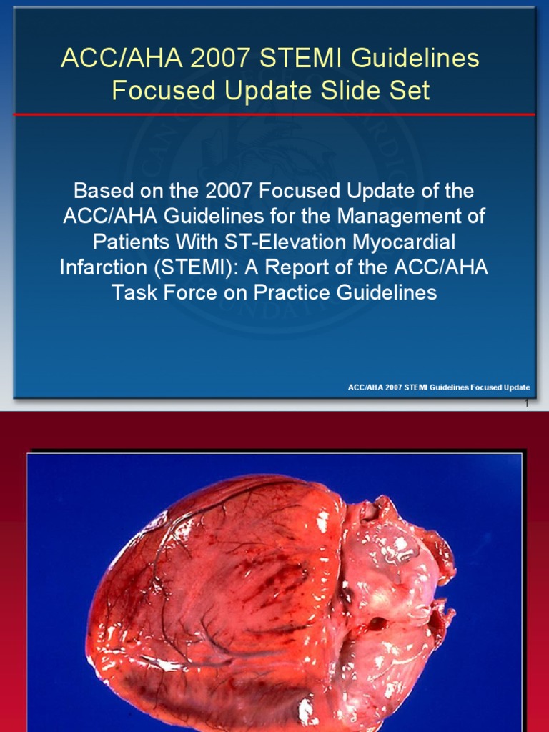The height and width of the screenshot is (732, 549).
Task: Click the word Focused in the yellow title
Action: [160, 91]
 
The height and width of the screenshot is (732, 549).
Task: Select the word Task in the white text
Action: [134, 293]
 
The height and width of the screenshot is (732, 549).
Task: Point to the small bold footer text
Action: [438, 387]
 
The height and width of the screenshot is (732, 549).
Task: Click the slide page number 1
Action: [526, 403]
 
